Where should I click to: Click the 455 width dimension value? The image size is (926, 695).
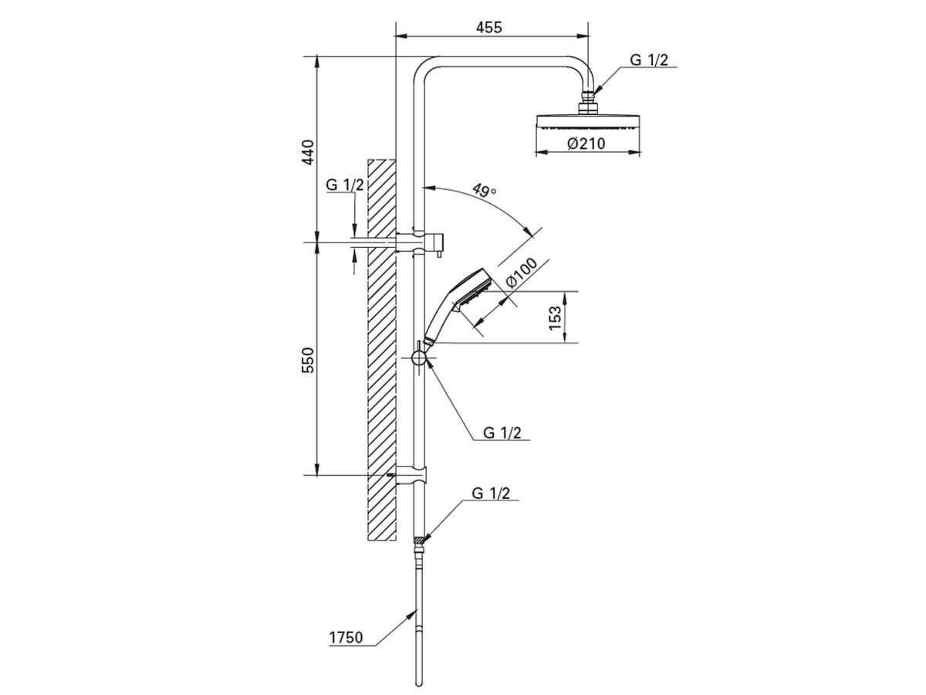[488, 27]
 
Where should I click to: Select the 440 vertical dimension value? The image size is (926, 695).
[308, 152]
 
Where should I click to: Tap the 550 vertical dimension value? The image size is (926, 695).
[308, 360]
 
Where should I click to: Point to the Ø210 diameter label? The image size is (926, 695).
[586, 144]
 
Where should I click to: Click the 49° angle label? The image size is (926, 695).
[483, 192]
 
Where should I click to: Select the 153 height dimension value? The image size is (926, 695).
[555, 317]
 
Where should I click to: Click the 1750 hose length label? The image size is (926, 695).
[346, 639]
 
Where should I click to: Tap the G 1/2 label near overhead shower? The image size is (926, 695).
[648, 60]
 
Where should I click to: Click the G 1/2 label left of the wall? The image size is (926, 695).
[344, 185]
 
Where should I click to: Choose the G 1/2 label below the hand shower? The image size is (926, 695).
[502, 432]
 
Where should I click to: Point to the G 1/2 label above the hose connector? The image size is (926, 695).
[491, 493]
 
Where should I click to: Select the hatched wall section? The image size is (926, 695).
[381, 347]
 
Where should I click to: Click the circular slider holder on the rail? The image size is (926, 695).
[419, 358]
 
